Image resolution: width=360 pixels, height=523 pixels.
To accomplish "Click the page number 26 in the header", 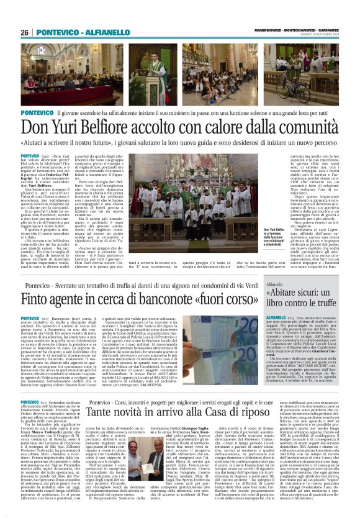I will pyautogui.click(x=25, y=32).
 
